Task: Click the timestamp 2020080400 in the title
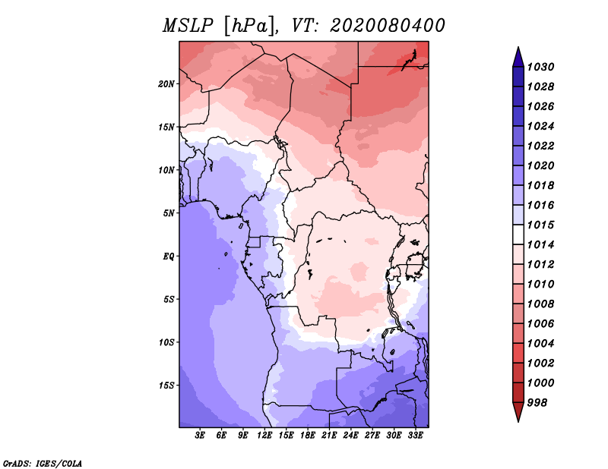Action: click(x=387, y=25)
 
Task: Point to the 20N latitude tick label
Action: click(x=166, y=83)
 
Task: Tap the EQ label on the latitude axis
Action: click(x=169, y=256)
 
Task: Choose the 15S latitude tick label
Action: click(x=166, y=385)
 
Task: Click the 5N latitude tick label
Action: click(x=169, y=213)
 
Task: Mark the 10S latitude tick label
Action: click(x=166, y=342)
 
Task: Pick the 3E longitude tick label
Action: click(x=201, y=436)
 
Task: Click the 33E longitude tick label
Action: click(x=415, y=436)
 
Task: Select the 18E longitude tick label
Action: click(x=308, y=436)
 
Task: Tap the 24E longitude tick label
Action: click(x=350, y=436)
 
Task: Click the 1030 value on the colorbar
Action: click(x=543, y=67)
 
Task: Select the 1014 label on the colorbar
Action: click(x=543, y=244)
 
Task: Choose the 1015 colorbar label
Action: click(x=543, y=225)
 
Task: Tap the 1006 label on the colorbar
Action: click(x=543, y=323)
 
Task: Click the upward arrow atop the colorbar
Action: click(x=518, y=55)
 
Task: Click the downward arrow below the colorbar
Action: click(x=518, y=413)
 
